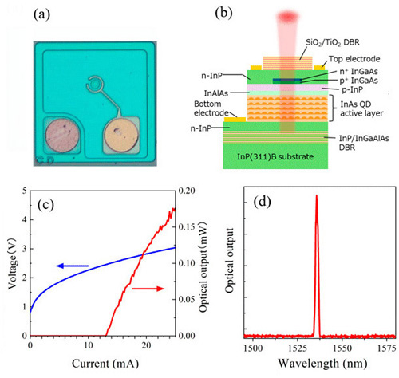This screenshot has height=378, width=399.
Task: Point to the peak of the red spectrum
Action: coord(316,195)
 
